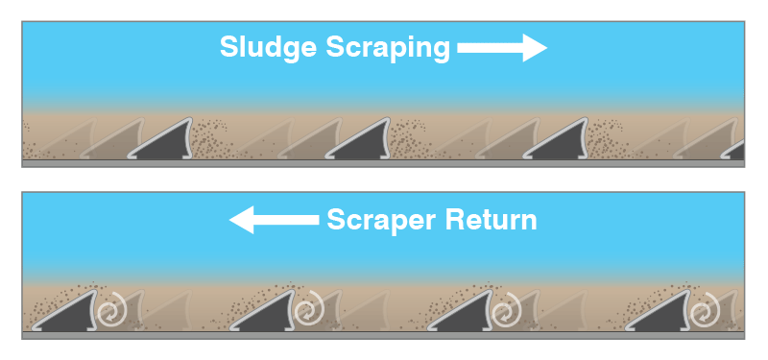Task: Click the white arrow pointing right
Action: click(x=502, y=47)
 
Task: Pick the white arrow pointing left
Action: click(x=274, y=220)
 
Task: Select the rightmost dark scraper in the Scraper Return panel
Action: click(x=661, y=314)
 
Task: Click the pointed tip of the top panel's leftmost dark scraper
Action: click(x=189, y=118)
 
